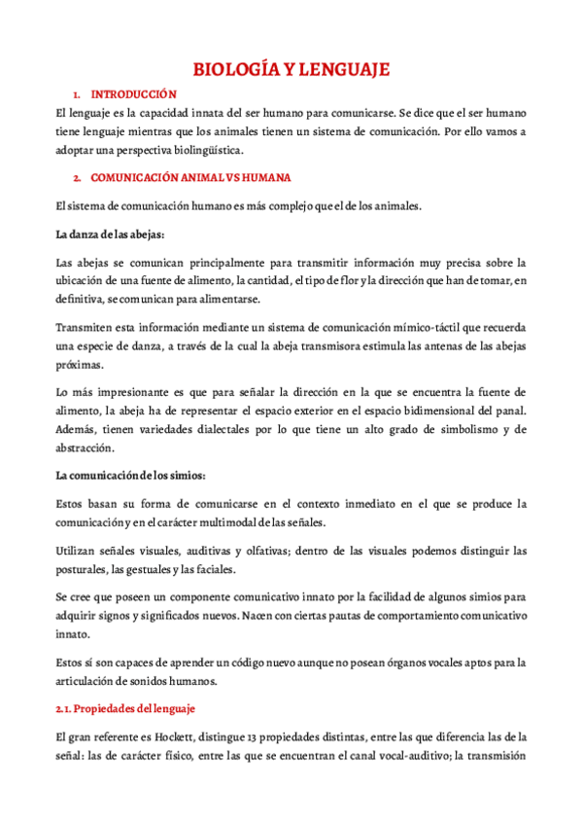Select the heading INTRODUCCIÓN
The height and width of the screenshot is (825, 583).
[x=133, y=94]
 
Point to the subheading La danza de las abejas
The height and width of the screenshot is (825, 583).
[x=111, y=234]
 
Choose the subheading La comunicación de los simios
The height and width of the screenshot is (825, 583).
[x=131, y=477]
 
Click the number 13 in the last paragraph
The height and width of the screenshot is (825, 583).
[x=252, y=737]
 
